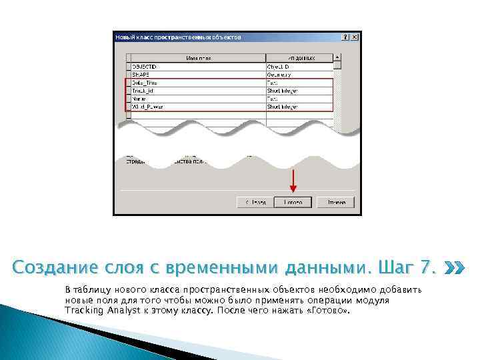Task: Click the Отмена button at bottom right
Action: pyautogui.click(x=335, y=202)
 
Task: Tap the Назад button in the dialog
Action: pyautogui.click(x=255, y=202)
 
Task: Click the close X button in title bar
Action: pyautogui.click(x=354, y=37)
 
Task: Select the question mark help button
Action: pyautogui.click(x=344, y=37)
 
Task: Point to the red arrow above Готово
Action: pyautogui.click(x=293, y=181)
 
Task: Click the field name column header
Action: pyautogui.click(x=198, y=58)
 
